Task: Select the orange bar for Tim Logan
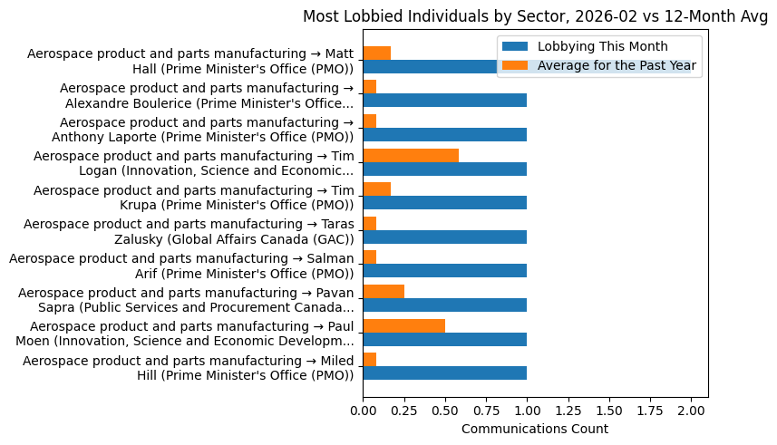(x=411, y=156)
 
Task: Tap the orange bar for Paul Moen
(x=403, y=326)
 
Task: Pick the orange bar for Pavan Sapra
(x=384, y=292)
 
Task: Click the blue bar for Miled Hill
(x=444, y=373)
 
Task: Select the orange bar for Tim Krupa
(x=376, y=189)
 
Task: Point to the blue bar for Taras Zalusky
(x=444, y=237)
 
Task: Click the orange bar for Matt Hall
(x=376, y=53)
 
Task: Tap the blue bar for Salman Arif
(x=444, y=271)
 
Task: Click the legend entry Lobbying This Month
(x=602, y=47)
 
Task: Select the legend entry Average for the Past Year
(x=617, y=65)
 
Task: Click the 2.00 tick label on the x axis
(x=691, y=410)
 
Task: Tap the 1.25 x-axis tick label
(x=568, y=410)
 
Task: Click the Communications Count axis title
(x=535, y=429)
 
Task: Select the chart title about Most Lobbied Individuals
(x=535, y=16)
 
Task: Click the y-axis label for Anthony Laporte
(x=190, y=130)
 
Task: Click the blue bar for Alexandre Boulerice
(x=444, y=101)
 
